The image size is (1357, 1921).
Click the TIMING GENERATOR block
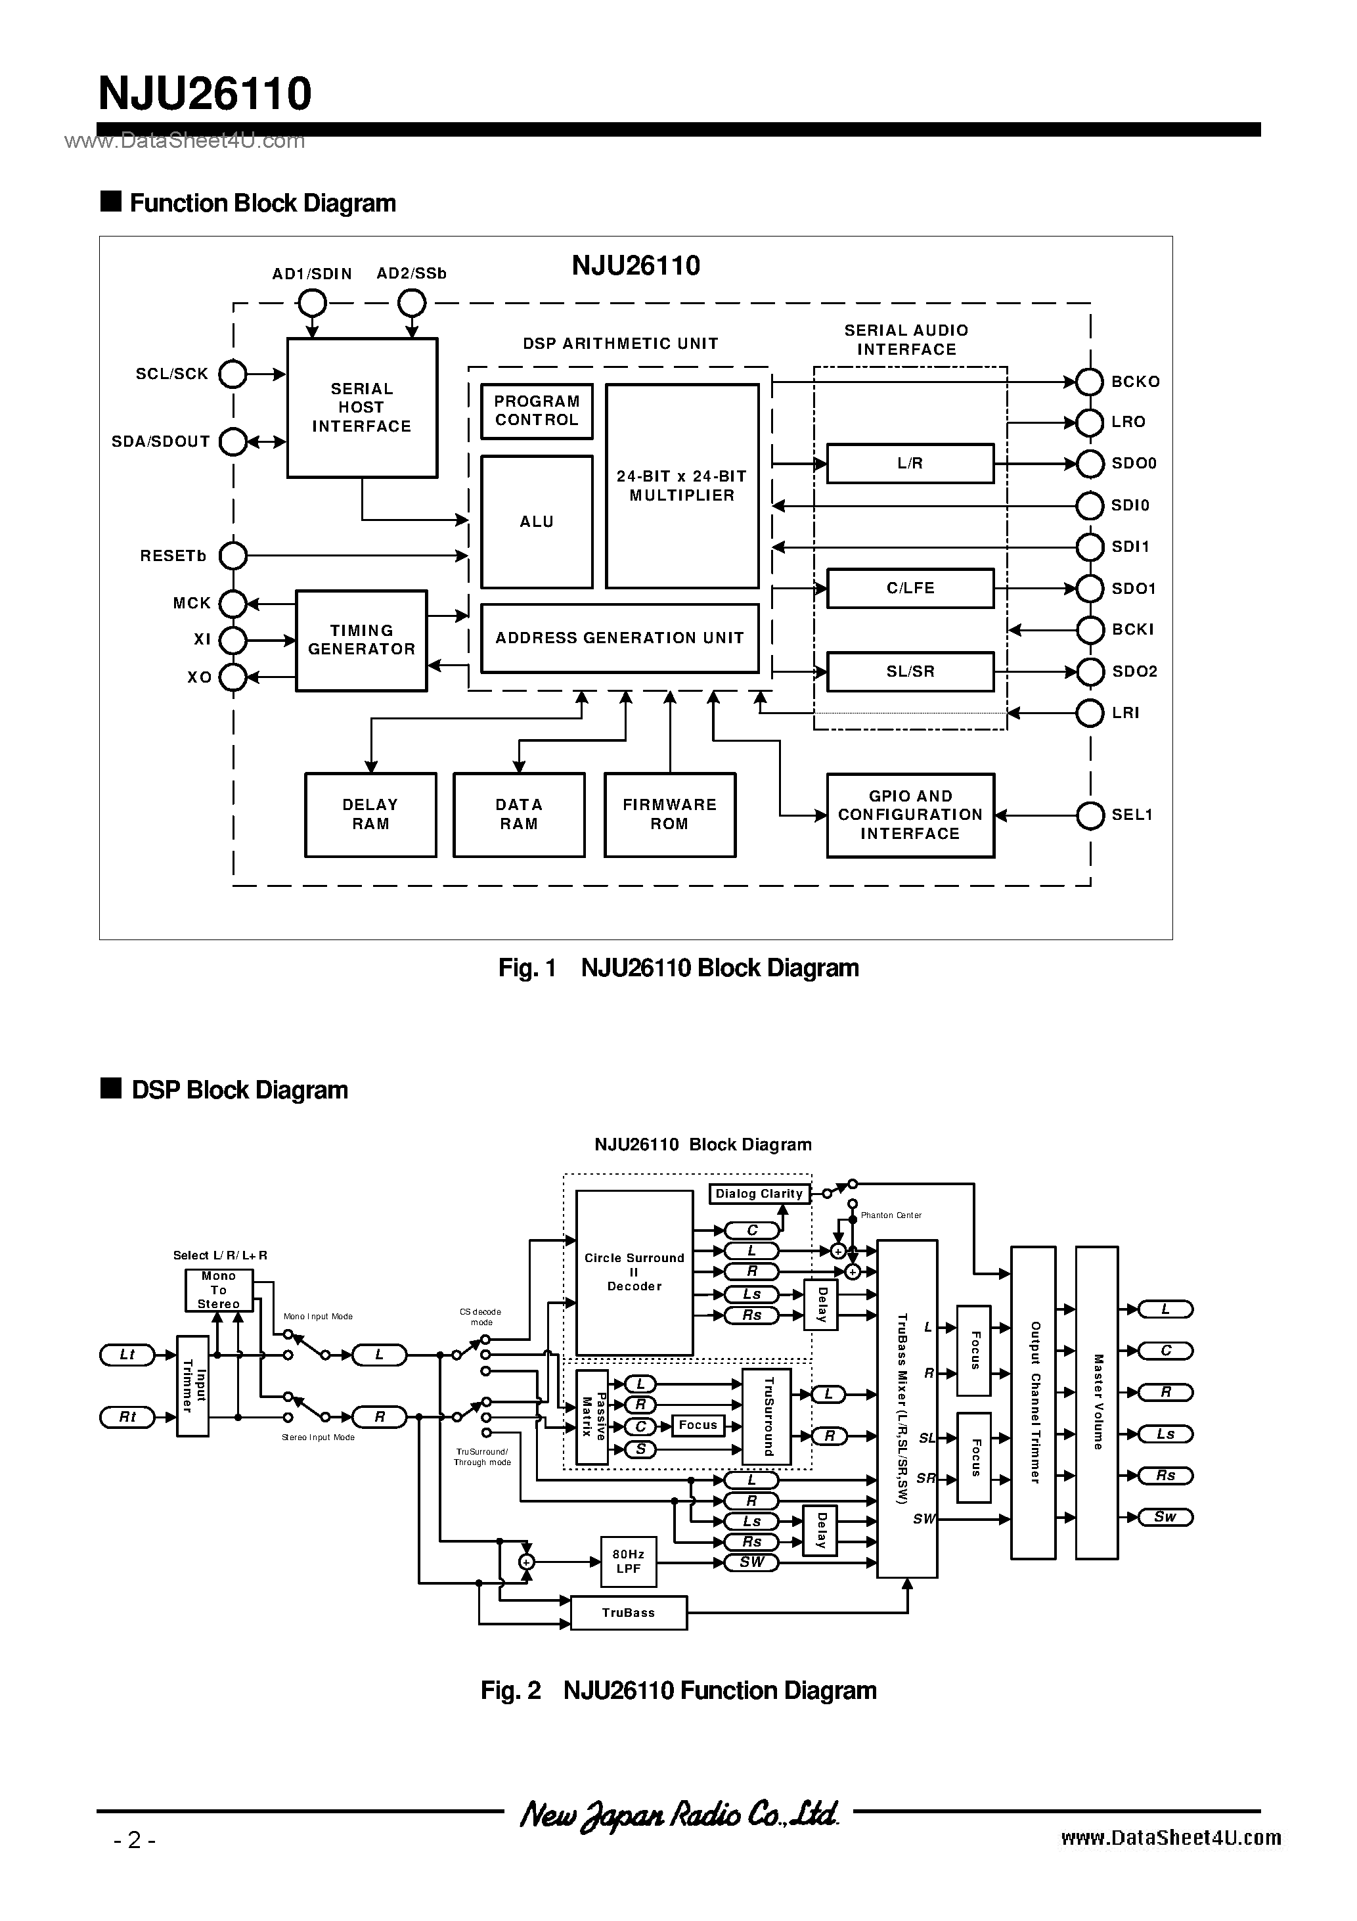click(x=361, y=640)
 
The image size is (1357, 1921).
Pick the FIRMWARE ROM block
click(x=669, y=814)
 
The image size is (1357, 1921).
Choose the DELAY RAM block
click(x=370, y=814)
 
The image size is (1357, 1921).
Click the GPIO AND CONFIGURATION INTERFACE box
click(x=910, y=815)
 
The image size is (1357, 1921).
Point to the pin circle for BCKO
click(x=1089, y=382)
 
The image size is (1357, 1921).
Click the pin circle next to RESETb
click(x=233, y=556)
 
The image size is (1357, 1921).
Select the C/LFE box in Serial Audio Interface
click(x=910, y=588)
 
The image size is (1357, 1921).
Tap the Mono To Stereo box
click(x=218, y=1290)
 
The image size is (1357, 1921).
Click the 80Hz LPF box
click(x=629, y=1561)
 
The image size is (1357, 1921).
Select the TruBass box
click(x=629, y=1612)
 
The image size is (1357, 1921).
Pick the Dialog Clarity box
click(x=759, y=1194)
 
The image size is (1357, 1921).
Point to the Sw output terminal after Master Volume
click(x=1165, y=1517)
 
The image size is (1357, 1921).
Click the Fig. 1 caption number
click(x=527, y=968)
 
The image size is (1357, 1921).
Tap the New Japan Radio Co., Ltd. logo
click(x=678, y=1814)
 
